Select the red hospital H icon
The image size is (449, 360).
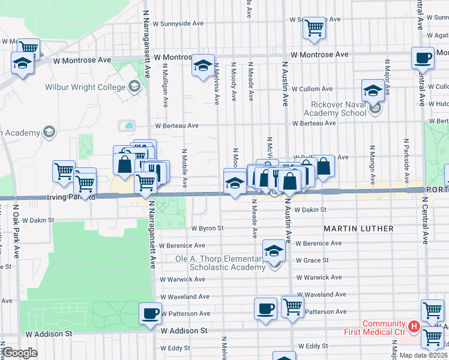413,326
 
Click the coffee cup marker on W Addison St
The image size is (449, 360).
150,313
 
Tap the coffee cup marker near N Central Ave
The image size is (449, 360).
423,58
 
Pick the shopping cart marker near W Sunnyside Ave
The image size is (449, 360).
315,28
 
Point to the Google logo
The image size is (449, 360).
19,353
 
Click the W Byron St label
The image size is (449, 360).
208,228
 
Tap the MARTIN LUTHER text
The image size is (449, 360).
359,229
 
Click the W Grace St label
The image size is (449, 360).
312,260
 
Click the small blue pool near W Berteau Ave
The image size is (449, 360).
128,126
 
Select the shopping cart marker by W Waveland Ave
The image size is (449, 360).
292,307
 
